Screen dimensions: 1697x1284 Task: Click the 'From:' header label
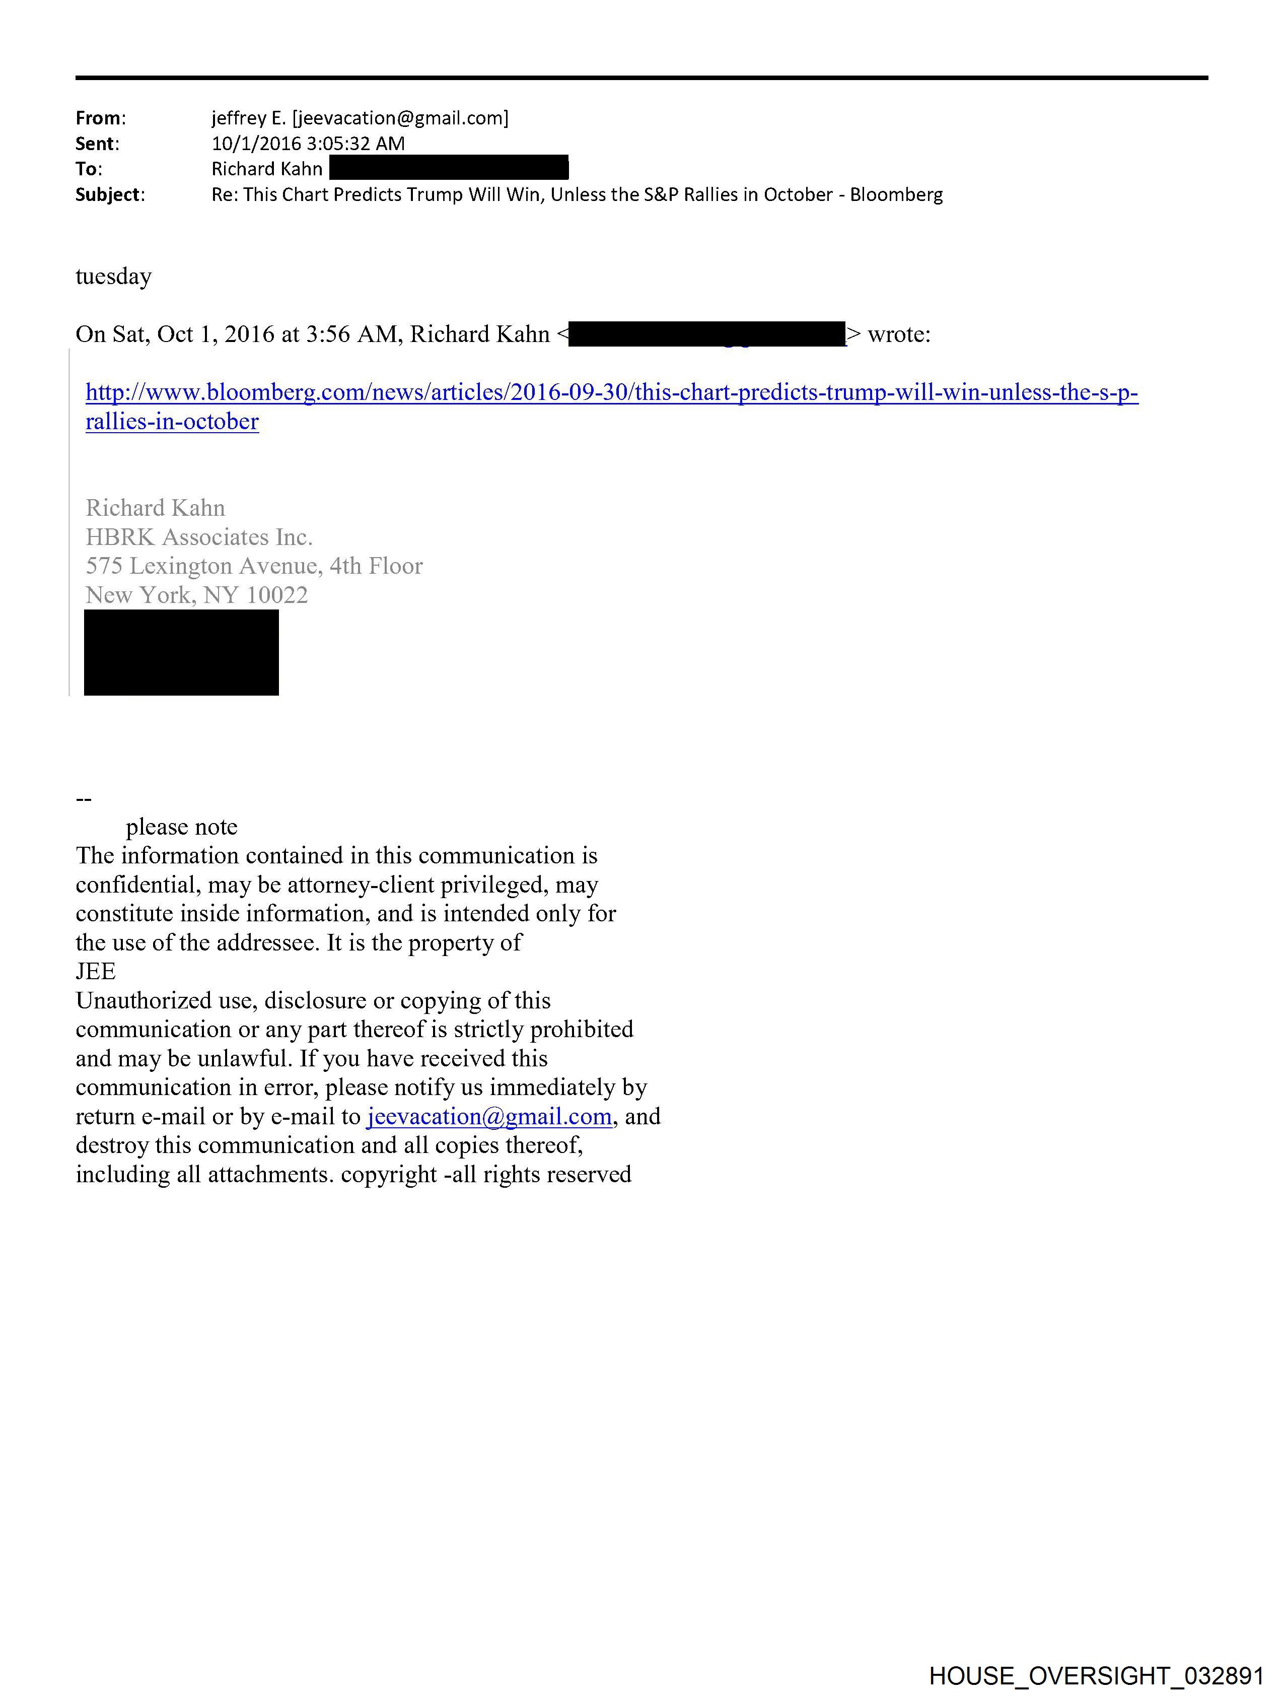(x=101, y=118)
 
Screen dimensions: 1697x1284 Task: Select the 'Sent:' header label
(x=97, y=144)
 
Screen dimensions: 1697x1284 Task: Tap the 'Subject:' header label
(x=110, y=195)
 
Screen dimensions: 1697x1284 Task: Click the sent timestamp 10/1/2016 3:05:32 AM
(x=308, y=144)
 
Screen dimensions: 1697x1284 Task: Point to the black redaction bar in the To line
(x=449, y=168)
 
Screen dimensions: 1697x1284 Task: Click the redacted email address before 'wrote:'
(x=706, y=334)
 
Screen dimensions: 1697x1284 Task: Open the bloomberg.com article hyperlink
(x=611, y=393)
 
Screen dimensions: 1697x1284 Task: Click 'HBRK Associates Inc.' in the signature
(x=199, y=537)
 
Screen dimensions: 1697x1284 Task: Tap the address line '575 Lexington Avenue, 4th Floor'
(x=254, y=566)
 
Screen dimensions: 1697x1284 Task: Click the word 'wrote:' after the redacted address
(x=899, y=334)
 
